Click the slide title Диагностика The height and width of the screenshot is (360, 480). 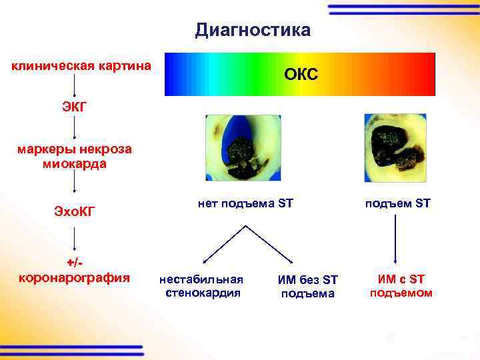point(253,30)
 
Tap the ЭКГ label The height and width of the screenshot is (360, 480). point(73,106)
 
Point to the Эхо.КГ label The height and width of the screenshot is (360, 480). point(75,211)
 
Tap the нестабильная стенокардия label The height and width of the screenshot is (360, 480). point(201,285)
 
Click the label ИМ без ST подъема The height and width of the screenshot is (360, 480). point(308,286)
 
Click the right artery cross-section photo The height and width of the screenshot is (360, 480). point(396,147)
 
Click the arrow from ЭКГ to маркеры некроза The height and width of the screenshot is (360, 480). point(73,127)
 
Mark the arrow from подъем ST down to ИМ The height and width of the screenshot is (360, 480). point(397,240)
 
